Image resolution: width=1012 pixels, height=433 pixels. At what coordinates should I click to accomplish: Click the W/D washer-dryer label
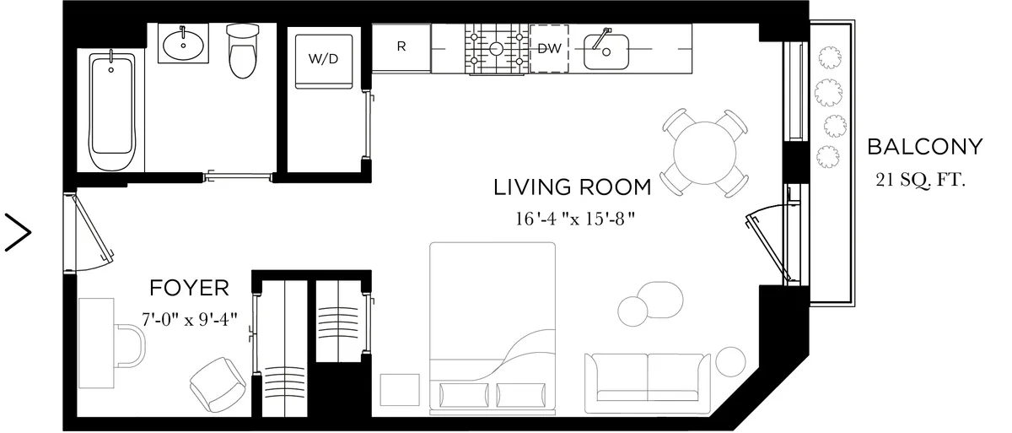[324, 59]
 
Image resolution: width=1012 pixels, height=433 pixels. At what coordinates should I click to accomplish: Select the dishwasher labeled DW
[549, 48]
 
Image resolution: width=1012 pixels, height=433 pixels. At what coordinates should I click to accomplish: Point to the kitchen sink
[606, 49]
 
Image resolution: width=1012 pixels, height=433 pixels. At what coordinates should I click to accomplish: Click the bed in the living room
[493, 325]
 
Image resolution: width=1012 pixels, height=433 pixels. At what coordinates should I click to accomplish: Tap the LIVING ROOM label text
[572, 187]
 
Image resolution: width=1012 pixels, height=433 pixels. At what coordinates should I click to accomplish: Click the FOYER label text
[189, 288]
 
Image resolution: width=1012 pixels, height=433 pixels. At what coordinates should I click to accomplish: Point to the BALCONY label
[925, 147]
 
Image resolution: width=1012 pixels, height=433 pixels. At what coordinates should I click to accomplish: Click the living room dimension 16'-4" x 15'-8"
[573, 219]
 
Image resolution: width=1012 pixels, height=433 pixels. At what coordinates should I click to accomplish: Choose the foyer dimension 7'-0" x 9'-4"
[189, 321]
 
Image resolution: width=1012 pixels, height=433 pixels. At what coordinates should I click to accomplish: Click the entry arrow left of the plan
[19, 231]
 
